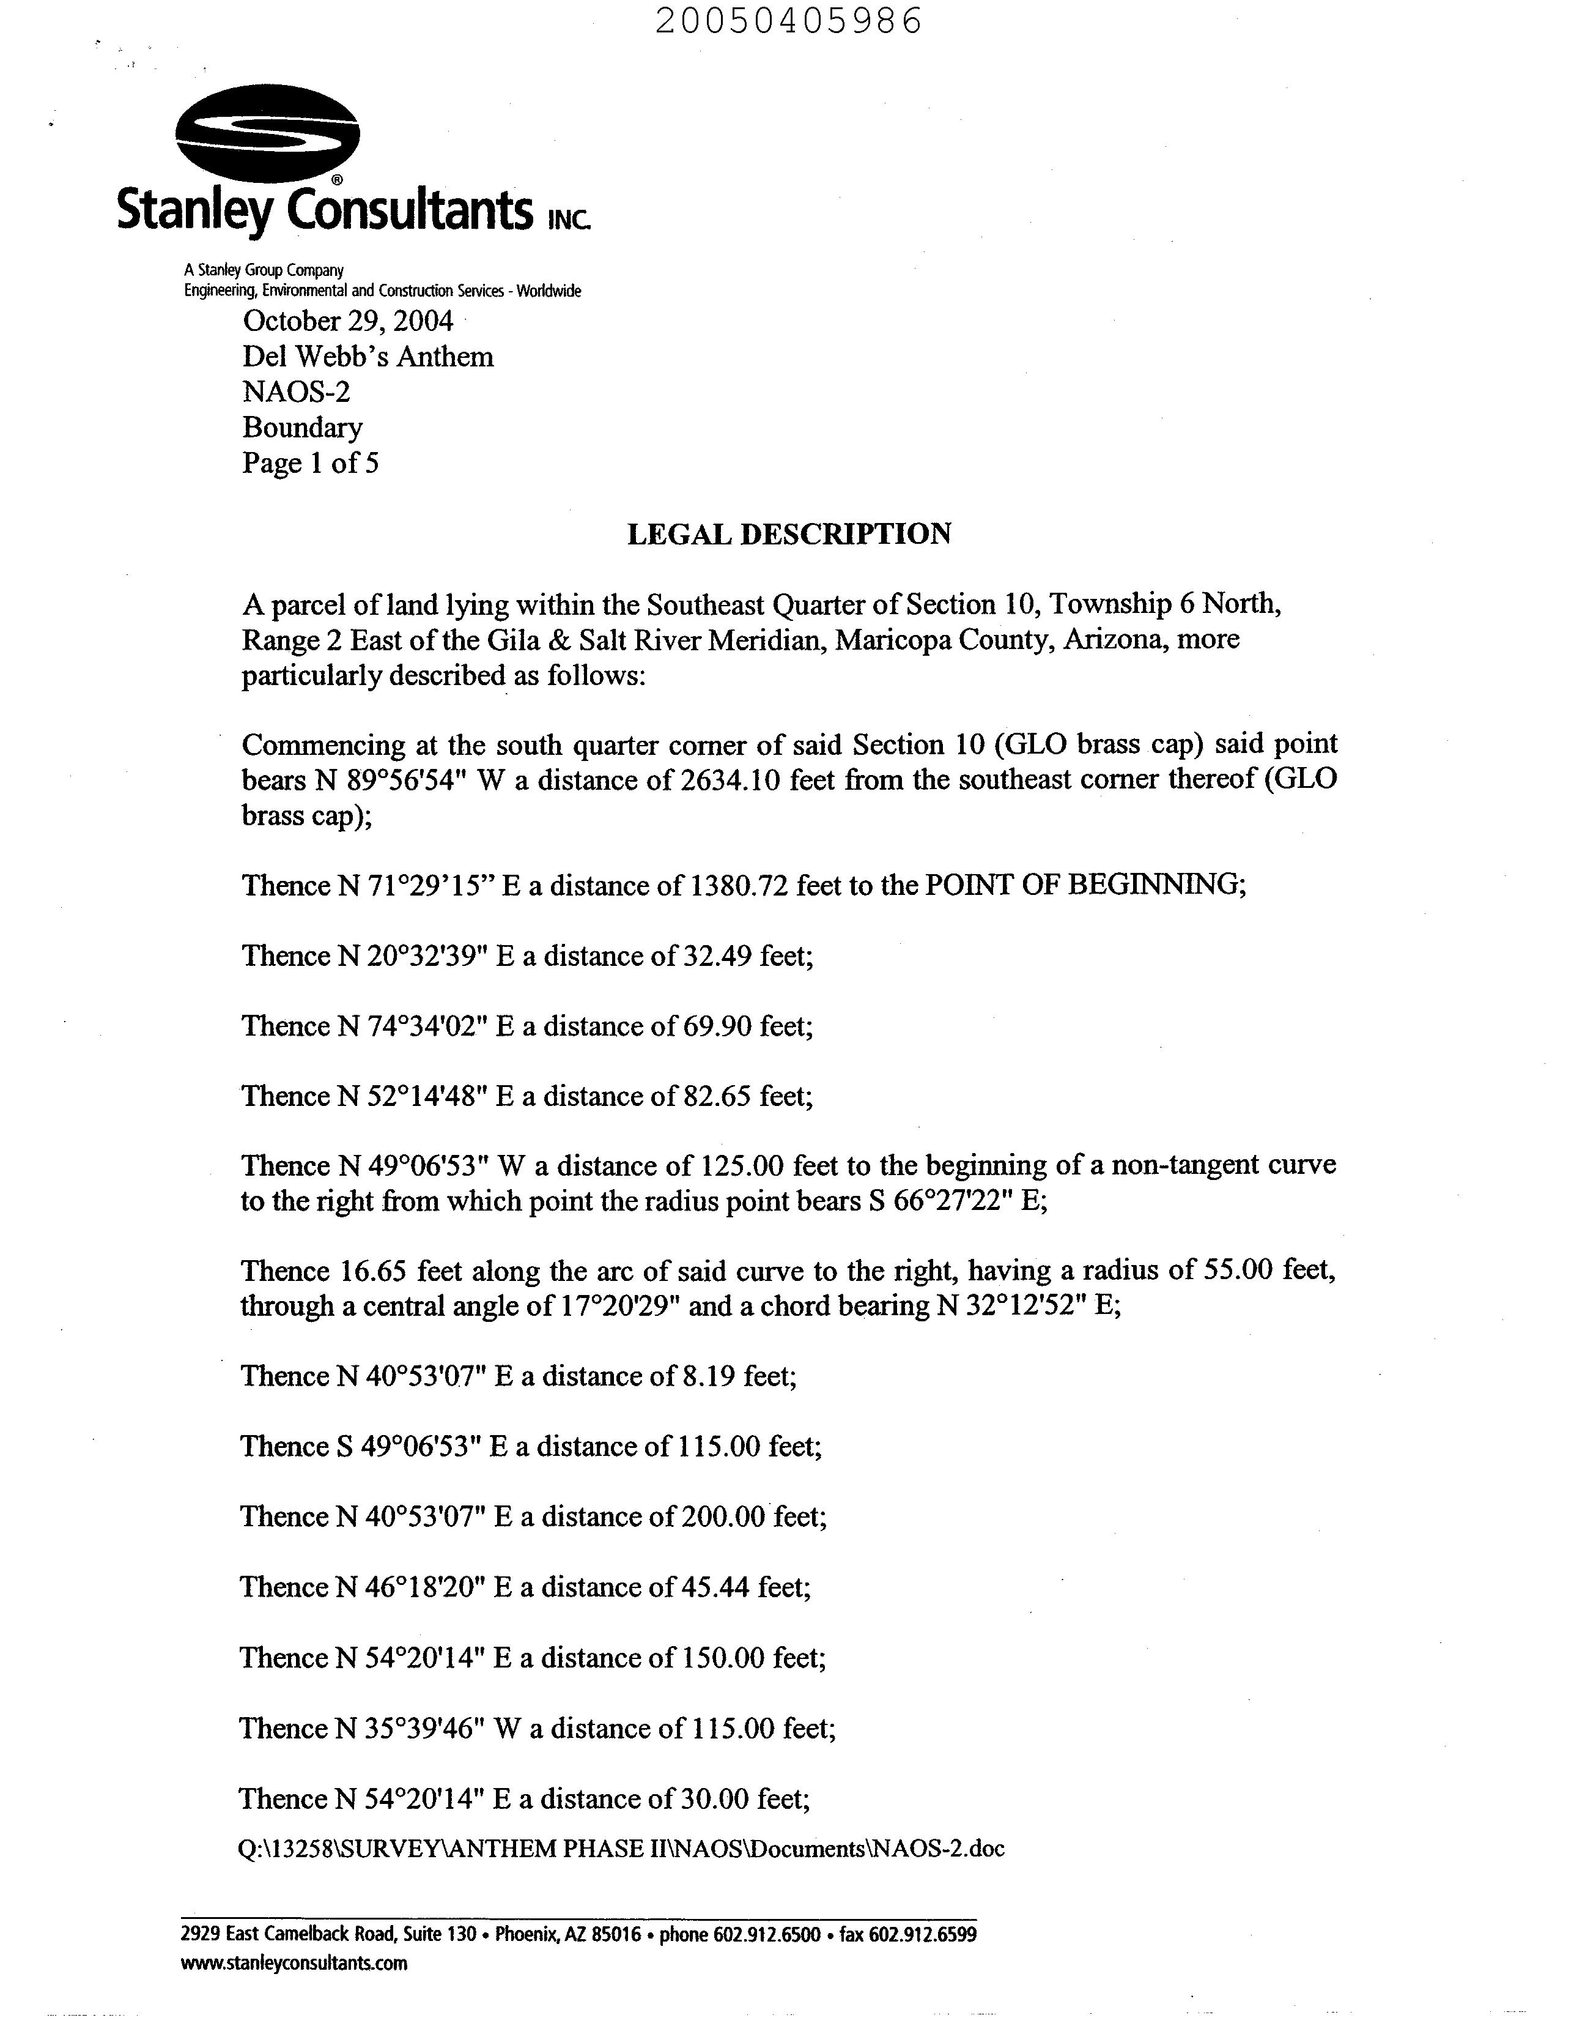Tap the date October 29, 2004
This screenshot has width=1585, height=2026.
pyautogui.click(x=348, y=321)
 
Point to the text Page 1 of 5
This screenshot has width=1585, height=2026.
pyautogui.click(x=310, y=462)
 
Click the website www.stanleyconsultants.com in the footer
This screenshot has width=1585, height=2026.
pyautogui.click(x=294, y=1963)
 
